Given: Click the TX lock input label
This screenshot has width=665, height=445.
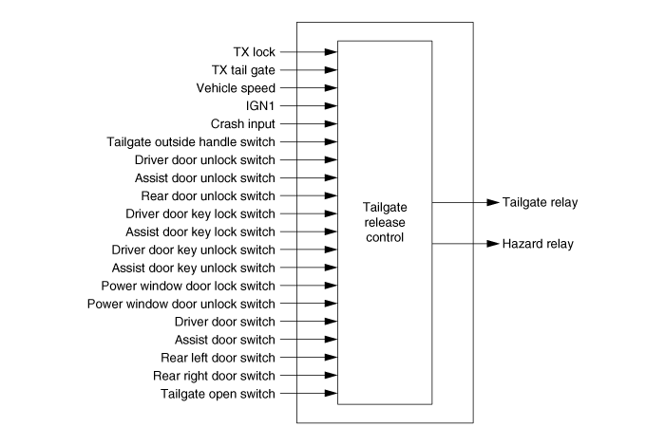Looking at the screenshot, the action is tap(254, 52).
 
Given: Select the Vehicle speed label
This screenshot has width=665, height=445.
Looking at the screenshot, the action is tap(236, 88).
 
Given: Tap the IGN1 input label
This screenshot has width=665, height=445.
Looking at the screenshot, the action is tap(260, 106).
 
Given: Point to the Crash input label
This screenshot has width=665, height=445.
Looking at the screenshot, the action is tap(243, 124).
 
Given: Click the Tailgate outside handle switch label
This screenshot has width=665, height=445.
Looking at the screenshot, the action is tap(191, 141).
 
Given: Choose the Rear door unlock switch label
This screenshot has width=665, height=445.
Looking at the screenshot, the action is tap(208, 196).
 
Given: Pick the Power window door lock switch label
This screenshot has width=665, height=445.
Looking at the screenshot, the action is tap(188, 286).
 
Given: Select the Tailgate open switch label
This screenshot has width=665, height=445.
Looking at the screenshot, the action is tap(218, 394).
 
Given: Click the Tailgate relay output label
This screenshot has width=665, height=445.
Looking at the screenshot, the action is tap(540, 202).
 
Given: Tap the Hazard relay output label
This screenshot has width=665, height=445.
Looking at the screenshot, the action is tap(538, 244).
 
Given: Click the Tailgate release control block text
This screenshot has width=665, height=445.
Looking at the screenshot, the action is tap(385, 222).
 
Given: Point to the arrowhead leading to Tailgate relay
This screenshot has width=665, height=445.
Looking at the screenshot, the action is tap(493, 202).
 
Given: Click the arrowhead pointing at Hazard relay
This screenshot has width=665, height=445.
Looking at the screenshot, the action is tap(493, 244).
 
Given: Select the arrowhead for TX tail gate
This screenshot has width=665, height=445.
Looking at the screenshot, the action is tap(332, 70).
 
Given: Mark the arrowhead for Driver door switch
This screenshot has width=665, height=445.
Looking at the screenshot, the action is tap(332, 322).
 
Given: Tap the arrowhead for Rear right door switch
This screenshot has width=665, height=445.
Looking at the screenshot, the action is tap(332, 375).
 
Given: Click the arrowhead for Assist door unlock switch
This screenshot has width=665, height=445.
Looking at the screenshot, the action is tap(332, 177).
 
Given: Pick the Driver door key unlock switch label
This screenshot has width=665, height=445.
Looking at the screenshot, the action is tap(194, 250).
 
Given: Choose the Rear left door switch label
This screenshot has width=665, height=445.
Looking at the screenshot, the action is tap(218, 358).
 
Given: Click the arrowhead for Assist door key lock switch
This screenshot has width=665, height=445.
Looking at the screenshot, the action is tap(332, 232).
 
